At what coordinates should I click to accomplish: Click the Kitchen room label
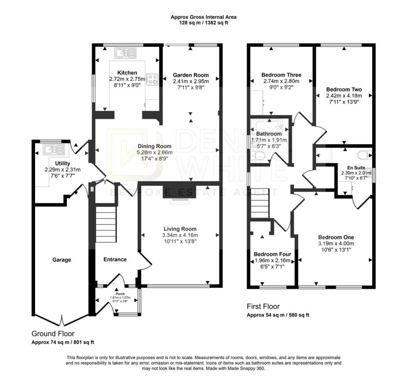(127, 73)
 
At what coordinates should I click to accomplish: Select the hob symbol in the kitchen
(152, 79)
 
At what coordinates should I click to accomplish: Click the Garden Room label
(191, 75)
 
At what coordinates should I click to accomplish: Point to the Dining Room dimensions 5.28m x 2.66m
(155, 152)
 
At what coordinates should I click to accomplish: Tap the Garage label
(62, 260)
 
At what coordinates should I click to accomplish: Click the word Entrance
(115, 260)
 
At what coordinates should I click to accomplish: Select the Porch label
(120, 294)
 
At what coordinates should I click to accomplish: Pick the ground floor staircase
(106, 224)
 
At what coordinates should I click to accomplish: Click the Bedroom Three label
(281, 75)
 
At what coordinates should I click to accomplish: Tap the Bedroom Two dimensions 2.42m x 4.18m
(344, 95)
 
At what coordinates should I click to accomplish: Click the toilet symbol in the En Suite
(364, 155)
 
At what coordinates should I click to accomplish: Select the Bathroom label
(269, 134)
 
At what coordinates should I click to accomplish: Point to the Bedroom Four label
(273, 254)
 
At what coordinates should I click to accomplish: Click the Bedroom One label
(336, 237)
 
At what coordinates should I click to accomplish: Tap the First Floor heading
(263, 306)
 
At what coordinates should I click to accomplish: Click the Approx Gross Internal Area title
(203, 17)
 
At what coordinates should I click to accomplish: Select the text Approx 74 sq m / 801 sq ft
(63, 342)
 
